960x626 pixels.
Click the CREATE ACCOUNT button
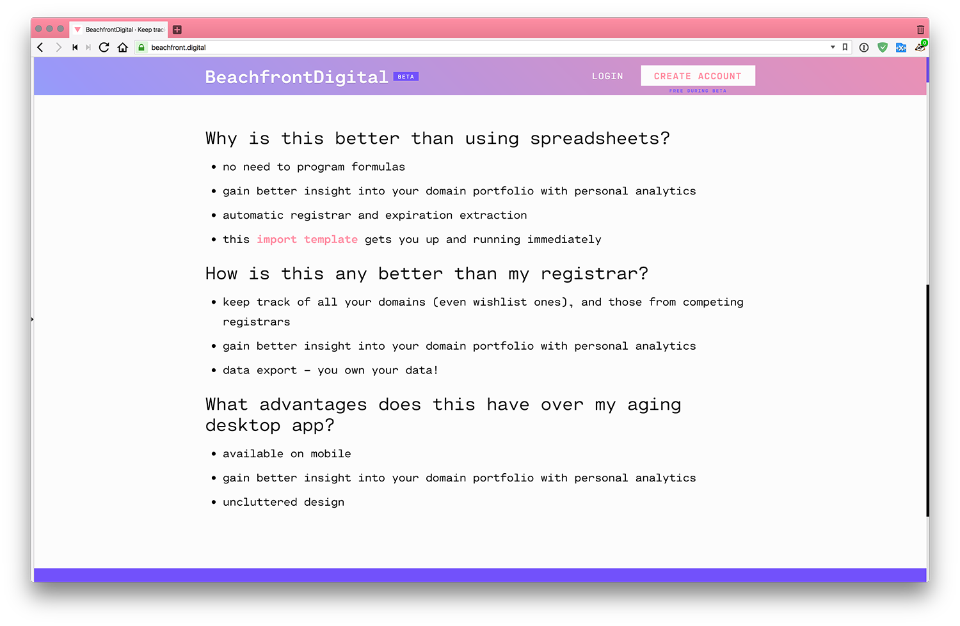(x=698, y=76)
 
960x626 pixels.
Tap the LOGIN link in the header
(x=607, y=76)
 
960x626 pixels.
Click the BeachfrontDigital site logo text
(x=296, y=77)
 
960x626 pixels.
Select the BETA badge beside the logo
(x=406, y=77)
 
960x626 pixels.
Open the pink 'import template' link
(x=307, y=239)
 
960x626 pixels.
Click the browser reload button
(x=104, y=47)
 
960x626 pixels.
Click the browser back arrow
(x=40, y=47)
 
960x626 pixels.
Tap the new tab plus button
(x=177, y=29)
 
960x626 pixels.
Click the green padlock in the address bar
(x=141, y=47)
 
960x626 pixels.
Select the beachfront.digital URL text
(x=179, y=47)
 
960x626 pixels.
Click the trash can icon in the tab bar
(x=920, y=29)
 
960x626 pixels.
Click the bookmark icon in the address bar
(x=845, y=47)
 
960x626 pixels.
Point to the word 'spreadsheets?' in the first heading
(x=600, y=139)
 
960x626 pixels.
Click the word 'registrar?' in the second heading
(x=595, y=274)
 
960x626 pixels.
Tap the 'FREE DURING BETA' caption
(x=698, y=91)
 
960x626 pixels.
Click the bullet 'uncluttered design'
(x=284, y=502)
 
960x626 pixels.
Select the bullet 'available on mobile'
(x=287, y=454)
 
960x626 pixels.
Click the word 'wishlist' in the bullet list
(x=500, y=302)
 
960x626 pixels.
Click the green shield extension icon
(x=883, y=47)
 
